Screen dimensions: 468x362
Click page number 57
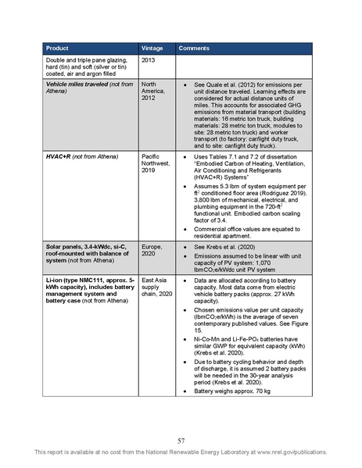pos(181,441)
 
